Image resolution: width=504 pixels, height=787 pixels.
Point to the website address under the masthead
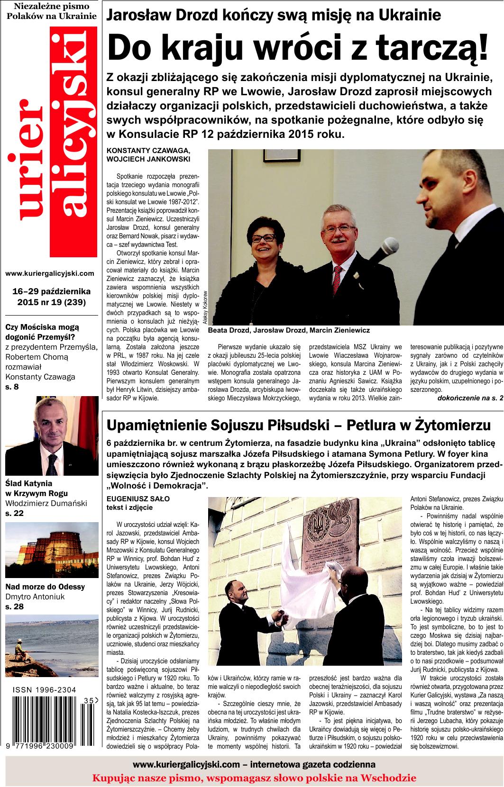tap(50, 273)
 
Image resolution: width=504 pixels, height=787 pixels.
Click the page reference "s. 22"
tap(14, 513)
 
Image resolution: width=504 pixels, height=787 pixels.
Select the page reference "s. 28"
tap(14, 606)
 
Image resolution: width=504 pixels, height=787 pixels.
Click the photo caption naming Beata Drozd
tap(289, 330)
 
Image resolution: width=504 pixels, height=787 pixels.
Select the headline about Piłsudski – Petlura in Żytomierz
tap(299, 425)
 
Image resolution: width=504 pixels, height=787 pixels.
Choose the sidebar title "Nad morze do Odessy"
tap(45, 587)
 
